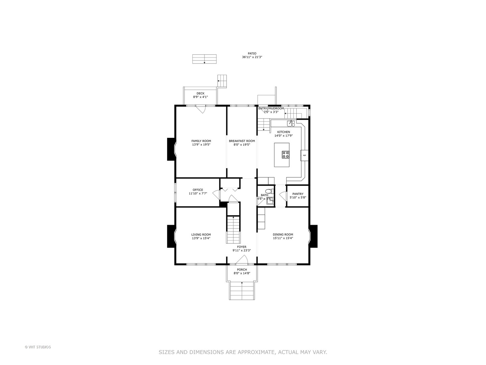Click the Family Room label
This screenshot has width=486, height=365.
[201, 141]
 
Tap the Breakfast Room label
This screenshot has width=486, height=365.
[242, 141]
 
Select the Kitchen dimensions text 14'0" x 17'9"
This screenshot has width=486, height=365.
[283, 136]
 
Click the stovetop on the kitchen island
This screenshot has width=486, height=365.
[286, 154]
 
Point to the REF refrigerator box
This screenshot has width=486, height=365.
[304, 155]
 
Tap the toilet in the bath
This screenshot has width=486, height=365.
[268, 191]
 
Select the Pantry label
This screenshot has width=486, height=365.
[298, 194]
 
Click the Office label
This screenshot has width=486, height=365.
[198, 190]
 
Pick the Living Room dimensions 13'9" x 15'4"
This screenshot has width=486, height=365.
[201, 238]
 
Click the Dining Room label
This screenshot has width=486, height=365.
[283, 235]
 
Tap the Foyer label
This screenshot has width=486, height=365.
[242, 247]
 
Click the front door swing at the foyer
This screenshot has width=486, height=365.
[242, 260]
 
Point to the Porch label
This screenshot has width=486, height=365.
[242, 270]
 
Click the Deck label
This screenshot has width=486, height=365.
[200, 93]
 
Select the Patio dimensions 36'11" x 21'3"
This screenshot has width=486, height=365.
[252, 57]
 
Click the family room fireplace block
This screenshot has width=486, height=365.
[171, 149]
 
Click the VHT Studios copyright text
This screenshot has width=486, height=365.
[38, 347]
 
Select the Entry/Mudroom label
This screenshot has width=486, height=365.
[271, 108]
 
